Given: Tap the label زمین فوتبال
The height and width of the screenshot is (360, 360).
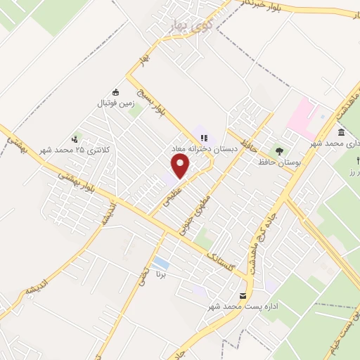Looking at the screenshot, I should [115, 103].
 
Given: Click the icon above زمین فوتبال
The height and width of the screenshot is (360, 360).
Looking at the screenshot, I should [116, 92].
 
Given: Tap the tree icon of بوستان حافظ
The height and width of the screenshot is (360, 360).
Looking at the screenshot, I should [280, 150].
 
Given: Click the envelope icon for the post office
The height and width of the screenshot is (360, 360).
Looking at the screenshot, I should [243, 295].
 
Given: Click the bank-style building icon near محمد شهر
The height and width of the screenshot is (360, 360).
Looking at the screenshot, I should [341, 133].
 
